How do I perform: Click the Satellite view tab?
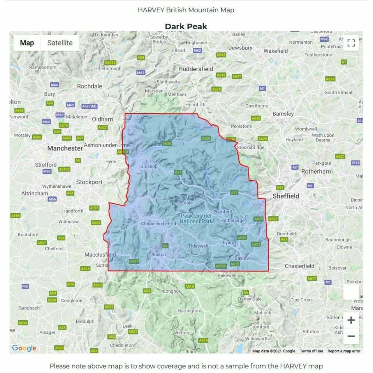(x=60, y=43)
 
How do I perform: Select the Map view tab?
(x=27, y=43)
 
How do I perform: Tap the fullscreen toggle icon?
(x=351, y=43)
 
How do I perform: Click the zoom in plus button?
(x=351, y=320)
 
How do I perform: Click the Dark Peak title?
(x=186, y=26)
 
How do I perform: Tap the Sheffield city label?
(x=286, y=196)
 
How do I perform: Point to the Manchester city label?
(x=65, y=148)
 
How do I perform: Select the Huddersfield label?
(x=196, y=69)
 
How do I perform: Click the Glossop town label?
(x=149, y=166)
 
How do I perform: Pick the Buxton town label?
(x=158, y=254)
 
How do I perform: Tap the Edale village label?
(x=187, y=203)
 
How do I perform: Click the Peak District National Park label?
(x=196, y=219)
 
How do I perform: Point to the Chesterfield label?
(x=299, y=266)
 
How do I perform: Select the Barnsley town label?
(x=283, y=114)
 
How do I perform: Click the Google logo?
(x=24, y=348)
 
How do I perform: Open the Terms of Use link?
(x=311, y=351)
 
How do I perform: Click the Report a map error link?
(x=344, y=351)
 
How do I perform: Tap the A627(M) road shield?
(x=89, y=106)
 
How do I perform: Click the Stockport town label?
(x=89, y=182)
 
